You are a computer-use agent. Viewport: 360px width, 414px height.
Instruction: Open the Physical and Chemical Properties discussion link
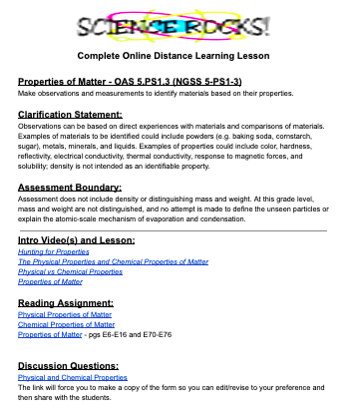73,378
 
